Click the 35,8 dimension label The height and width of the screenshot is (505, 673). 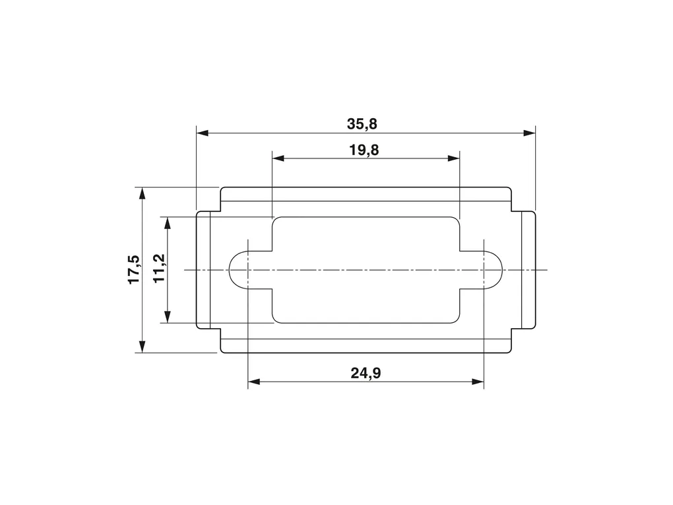(x=362, y=124)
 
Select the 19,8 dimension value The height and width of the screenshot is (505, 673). (x=364, y=151)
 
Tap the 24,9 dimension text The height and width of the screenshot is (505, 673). (x=366, y=373)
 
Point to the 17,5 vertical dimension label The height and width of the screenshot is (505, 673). (x=135, y=269)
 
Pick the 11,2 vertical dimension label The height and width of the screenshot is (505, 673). (x=159, y=269)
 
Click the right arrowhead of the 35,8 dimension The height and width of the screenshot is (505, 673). (x=530, y=133)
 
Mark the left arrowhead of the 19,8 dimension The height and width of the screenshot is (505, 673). (x=278, y=158)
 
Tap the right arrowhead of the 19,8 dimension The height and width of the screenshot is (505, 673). (x=454, y=158)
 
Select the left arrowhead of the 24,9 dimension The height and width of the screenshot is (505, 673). (x=254, y=382)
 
